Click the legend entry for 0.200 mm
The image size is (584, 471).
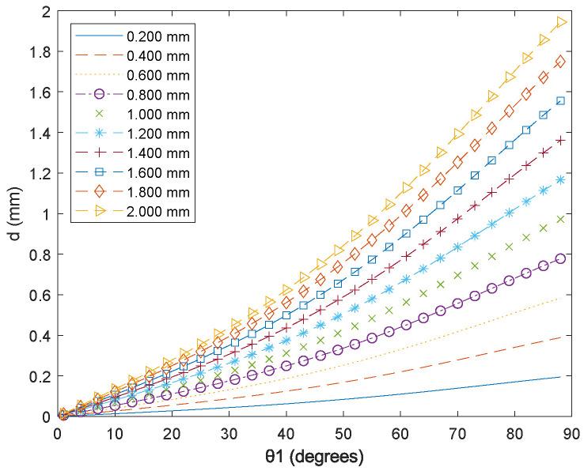(x=165, y=36)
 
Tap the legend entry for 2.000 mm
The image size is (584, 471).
(x=165, y=213)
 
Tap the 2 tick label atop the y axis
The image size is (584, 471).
(x=47, y=12)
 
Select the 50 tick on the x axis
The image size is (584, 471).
(x=343, y=434)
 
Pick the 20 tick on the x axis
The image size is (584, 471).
(x=172, y=434)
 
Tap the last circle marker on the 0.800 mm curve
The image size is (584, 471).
(x=560, y=258)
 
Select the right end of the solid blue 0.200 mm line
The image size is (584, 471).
(x=560, y=377)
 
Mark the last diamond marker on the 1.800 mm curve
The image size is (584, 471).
(x=560, y=62)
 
